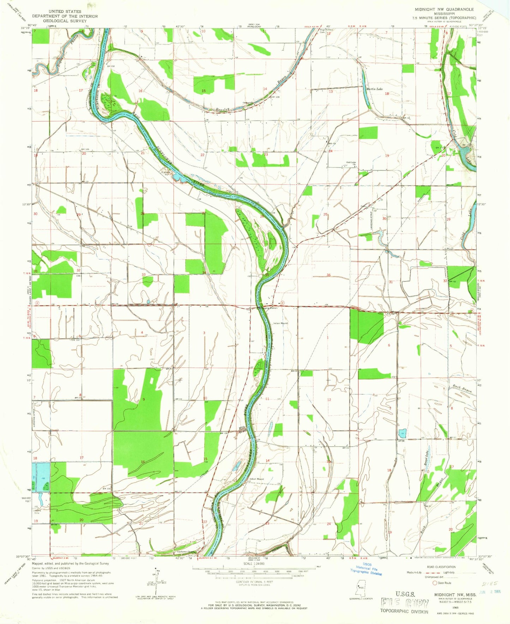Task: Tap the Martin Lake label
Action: tap(374, 89)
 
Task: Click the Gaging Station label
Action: tap(269, 308)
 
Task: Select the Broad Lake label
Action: tap(426, 458)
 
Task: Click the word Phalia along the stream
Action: tap(74, 39)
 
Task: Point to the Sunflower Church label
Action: tap(186, 553)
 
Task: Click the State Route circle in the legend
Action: tap(435, 583)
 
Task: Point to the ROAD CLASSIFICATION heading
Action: tap(445, 567)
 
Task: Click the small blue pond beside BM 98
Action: tap(404, 433)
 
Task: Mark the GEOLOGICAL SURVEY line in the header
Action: tap(65, 21)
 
